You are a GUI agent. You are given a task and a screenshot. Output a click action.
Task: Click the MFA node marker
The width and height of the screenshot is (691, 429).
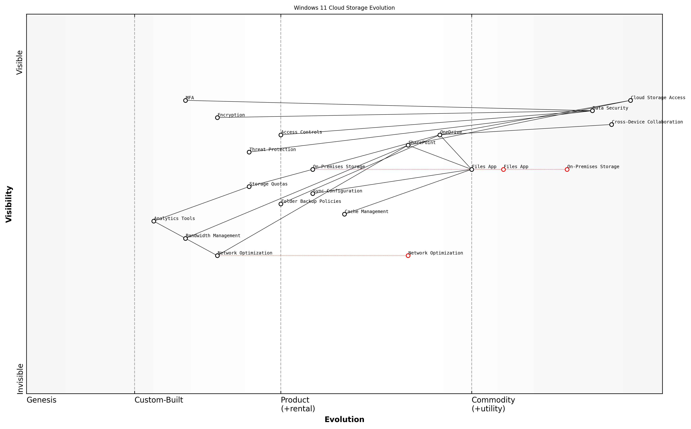click(x=185, y=100)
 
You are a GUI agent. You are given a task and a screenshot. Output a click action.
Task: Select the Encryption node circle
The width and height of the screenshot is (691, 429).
click(x=217, y=117)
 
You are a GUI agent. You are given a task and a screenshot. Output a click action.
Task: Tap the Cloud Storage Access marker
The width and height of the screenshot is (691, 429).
click(x=630, y=100)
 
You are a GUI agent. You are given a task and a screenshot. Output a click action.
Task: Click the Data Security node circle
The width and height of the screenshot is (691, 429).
click(x=592, y=111)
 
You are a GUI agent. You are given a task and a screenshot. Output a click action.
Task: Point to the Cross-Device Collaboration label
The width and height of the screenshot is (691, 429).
click(x=647, y=122)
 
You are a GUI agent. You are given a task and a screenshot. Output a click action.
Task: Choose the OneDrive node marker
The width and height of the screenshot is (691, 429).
click(x=440, y=135)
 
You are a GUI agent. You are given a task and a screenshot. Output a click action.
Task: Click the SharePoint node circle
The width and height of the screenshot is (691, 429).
click(x=408, y=145)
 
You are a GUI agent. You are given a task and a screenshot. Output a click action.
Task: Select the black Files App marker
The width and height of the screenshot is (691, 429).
click(x=472, y=169)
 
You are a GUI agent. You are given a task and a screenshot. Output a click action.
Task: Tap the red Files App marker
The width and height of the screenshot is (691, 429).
click(x=503, y=169)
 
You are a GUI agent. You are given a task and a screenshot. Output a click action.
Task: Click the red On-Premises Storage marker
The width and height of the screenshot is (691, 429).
click(x=567, y=169)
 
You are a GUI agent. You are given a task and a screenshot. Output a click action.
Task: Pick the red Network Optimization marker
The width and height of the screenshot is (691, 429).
click(x=408, y=256)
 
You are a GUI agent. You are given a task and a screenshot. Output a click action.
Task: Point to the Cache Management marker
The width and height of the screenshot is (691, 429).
click(x=345, y=214)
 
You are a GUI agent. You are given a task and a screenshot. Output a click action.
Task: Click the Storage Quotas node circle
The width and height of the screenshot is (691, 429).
click(x=249, y=187)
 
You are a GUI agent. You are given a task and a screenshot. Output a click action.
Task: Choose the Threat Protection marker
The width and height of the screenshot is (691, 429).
click(x=249, y=152)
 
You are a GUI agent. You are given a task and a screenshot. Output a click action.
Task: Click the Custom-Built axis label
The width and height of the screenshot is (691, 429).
click(x=159, y=400)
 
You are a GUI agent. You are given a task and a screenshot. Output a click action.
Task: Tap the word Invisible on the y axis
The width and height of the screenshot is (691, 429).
click(x=20, y=379)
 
